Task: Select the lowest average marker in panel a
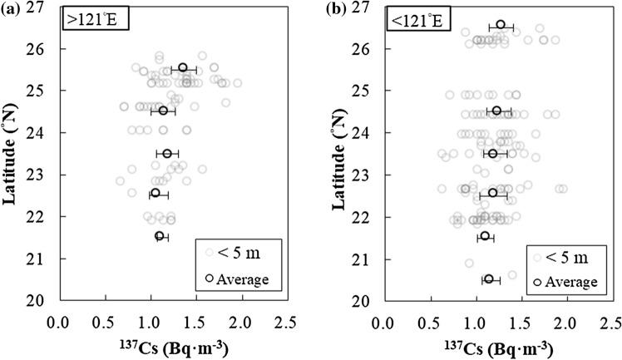tap(160, 236)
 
